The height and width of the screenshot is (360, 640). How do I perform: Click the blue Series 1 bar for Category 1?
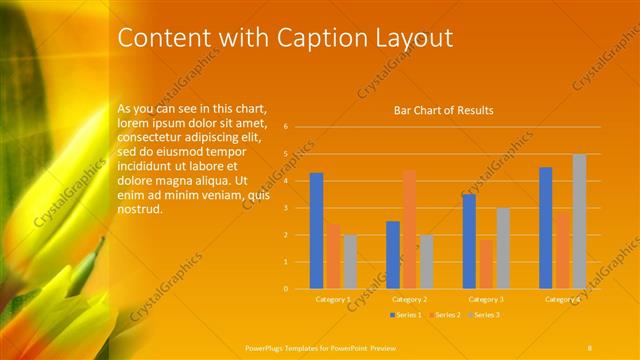click(x=316, y=230)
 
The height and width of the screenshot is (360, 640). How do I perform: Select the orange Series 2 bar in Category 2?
click(x=409, y=229)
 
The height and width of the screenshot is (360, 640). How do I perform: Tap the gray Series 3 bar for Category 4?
click(x=579, y=221)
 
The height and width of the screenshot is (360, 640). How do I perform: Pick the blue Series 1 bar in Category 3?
click(x=469, y=241)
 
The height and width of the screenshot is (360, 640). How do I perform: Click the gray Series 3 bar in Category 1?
click(x=350, y=261)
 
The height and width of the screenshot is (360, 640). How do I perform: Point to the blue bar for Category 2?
click(x=393, y=254)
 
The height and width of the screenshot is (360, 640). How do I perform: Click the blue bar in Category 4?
click(x=545, y=227)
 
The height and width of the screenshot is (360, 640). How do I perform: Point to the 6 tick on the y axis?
click(x=286, y=127)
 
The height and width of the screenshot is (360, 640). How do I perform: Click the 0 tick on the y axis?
click(x=286, y=289)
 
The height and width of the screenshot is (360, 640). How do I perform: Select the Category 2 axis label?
click(x=409, y=299)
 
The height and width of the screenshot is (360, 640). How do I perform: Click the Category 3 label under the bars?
click(x=486, y=299)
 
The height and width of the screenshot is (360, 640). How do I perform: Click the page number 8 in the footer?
click(x=590, y=346)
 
